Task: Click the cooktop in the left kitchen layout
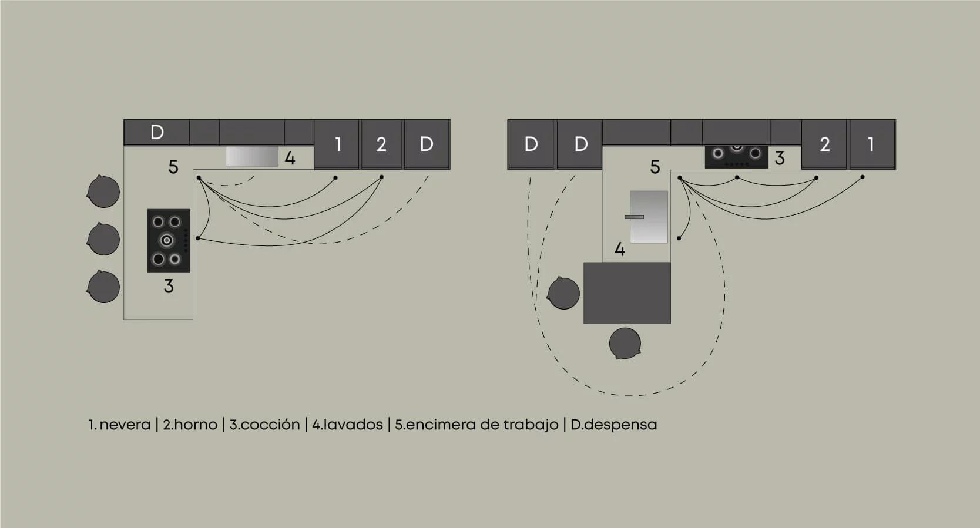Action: click(169, 241)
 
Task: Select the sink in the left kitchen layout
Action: click(252, 157)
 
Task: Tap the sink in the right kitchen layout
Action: click(649, 217)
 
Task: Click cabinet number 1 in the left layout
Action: click(337, 144)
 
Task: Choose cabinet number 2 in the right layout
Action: click(824, 144)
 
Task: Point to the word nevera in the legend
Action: click(125, 425)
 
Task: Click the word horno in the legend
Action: click(195, 425)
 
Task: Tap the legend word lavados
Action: click(353, 425)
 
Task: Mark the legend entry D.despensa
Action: click(614, 425)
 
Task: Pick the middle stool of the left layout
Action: click(103, 239)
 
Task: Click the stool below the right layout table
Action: click(625, 344)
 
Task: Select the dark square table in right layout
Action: click(627, 293)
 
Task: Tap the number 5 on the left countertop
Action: click(173, 167)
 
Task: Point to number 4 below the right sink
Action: click(619, 250)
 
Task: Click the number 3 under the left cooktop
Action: click(169, 286)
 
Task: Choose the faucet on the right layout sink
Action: click(635, 217)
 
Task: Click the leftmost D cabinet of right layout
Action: click(531, 144)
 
